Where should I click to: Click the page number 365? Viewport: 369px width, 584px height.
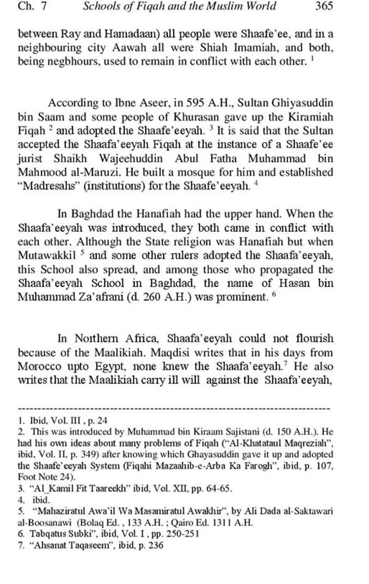(324, 7)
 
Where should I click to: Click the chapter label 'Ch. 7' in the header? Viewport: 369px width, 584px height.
(32, 7)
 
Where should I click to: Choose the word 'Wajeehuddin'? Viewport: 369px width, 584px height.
(131, 158)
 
